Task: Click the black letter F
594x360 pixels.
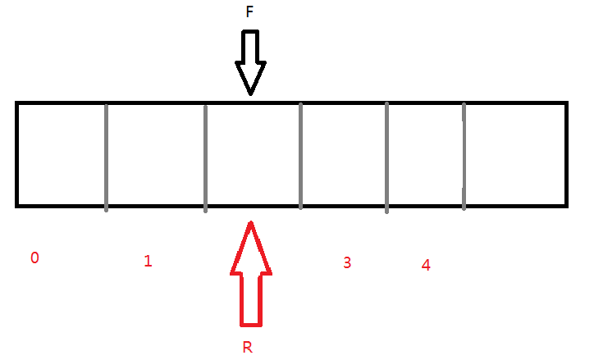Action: click(249, 13)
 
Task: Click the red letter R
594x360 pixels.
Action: click(248, 347)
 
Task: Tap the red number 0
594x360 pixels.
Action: click(34, 257)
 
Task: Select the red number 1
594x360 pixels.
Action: click(148, 262)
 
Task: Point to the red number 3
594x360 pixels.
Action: click(347, 262)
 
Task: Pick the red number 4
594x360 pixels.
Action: click(425, 265)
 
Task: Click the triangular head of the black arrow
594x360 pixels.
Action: click(250, 78)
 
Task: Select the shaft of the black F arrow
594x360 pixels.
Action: click(249, 48)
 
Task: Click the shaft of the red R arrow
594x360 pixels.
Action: click(250, 299)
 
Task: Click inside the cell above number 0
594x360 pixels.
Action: click(62, 154)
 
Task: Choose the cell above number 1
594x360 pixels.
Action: click(155, 154)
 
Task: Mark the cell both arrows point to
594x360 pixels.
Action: click(253, 154)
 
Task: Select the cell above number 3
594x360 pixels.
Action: click(344, 154)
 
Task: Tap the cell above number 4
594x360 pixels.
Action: click(425, 154)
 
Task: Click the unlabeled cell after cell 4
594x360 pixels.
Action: click(514, 154)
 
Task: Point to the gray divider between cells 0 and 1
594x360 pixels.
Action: click(106, 156)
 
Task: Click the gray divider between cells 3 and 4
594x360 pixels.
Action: click(386, 156)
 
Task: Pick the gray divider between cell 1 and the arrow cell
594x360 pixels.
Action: click(204, 156)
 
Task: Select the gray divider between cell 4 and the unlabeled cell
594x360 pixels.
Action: click(464, 156)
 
